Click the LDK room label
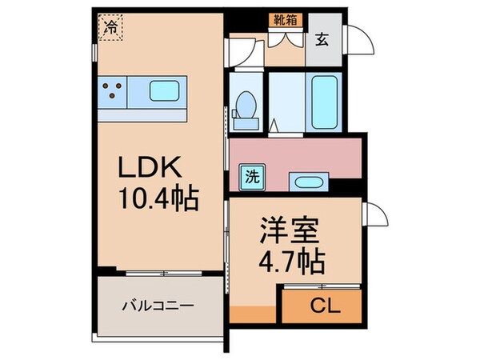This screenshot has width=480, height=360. tap(152, 168)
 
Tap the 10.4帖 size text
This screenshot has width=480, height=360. tap(158, 196)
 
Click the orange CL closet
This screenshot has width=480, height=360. tap(319, 304)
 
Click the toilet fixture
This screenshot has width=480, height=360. tap(246, 107)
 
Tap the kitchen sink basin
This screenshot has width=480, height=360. tap(164, 92)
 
